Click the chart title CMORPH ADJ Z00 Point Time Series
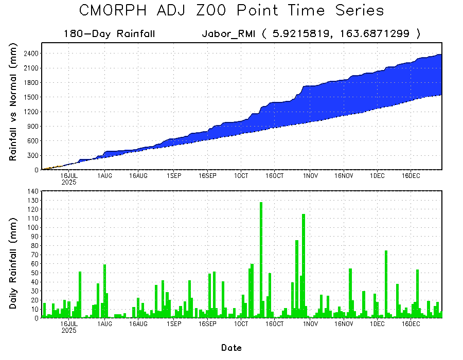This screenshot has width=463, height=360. click(x=232, y=11)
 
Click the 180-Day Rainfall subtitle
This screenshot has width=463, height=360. click(x=109, y=34)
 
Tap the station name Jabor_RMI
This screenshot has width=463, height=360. click(x=228, y=34)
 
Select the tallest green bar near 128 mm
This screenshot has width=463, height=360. click(x=261, y=260)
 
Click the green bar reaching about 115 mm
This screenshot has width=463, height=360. click(x=304, y=265)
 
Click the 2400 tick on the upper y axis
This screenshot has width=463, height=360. click(x=30, y=53)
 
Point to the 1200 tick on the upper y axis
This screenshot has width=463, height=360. click(x=30, y=112)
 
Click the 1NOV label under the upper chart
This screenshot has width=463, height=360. click(x=310, y=176)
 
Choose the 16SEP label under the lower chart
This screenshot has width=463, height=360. click(x=207, y=325)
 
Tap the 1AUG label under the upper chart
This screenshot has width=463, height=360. click(x=105, y=176)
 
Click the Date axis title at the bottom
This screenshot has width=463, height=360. click(x=232, y=348)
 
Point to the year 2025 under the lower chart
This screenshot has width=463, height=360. click(x=69, y=331)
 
